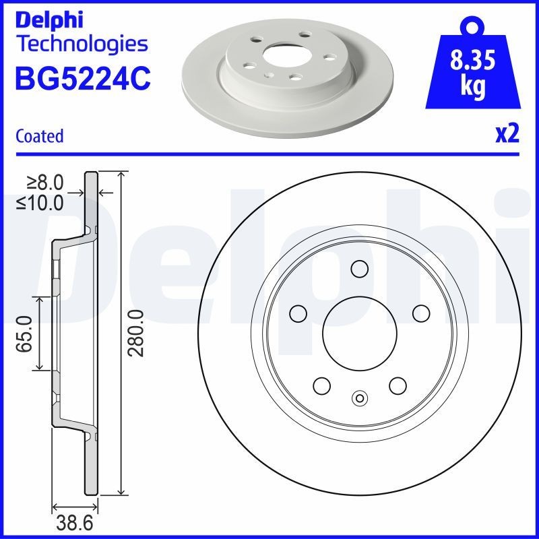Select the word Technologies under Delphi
coord(81,44)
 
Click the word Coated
coord(39,135)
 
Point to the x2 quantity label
coord(507,135)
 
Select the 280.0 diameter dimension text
coord(137,333)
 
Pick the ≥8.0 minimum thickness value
coord(44,182)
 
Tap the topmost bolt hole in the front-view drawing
coord(359,269)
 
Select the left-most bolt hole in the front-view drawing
coord(297,313)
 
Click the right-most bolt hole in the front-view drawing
coord(421,313)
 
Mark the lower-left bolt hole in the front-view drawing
coord(321,385)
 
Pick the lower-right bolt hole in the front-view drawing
coord(398,385)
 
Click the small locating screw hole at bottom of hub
coord(359,398)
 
